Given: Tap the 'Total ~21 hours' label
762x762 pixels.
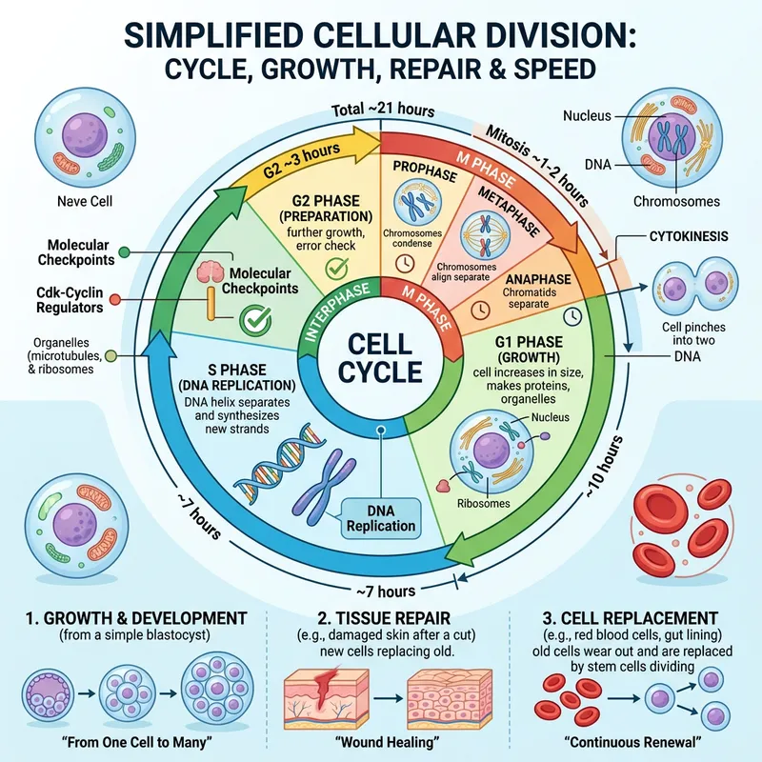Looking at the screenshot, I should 381,110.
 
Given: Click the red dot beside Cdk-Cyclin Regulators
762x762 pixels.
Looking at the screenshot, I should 115,301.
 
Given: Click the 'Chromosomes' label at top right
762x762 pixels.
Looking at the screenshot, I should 678,201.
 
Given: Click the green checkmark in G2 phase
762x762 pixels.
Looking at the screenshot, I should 335,270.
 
